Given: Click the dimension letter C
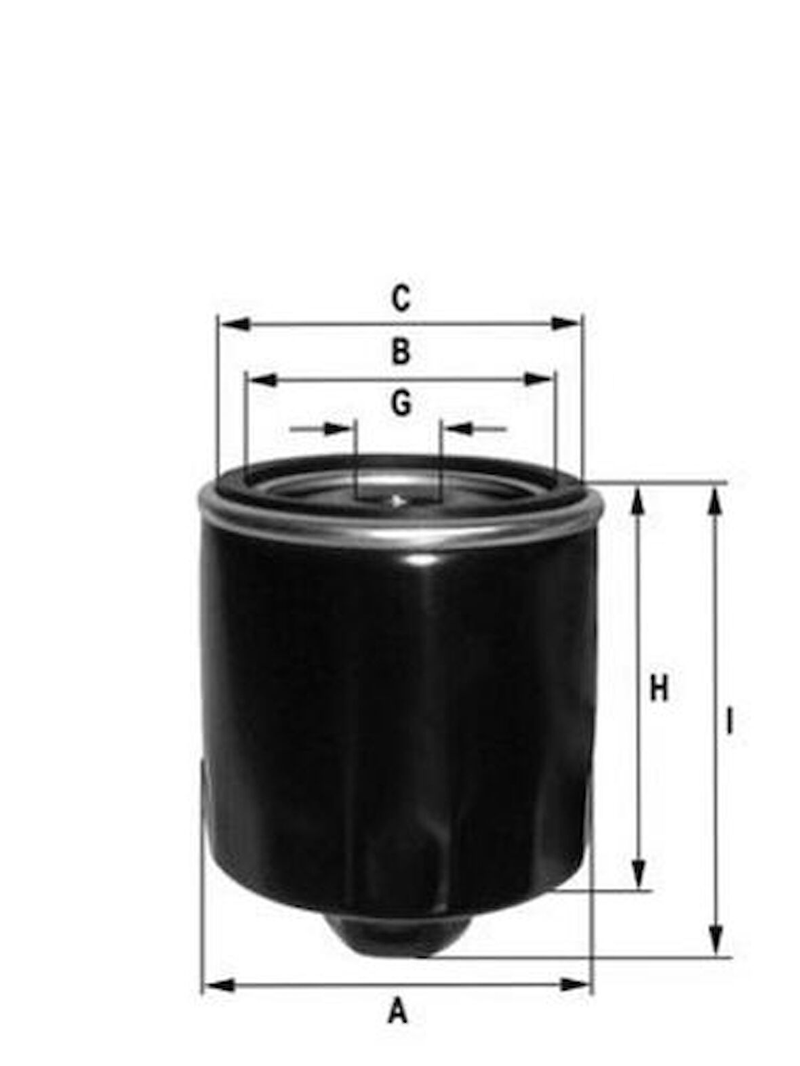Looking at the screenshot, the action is pyautogui.click(x=401, y=299).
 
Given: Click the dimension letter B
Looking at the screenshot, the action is pyautogui.click(x=401, y=352).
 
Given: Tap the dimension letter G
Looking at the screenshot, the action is pyautogui.click(x=401, y=404).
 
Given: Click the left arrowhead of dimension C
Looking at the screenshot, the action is pyautogui.click(x=235, y=324).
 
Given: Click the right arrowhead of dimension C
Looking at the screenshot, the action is pyautogui.click(x=566, y=323).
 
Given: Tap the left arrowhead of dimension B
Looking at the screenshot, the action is pyautogui.click(x=263, y=380).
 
